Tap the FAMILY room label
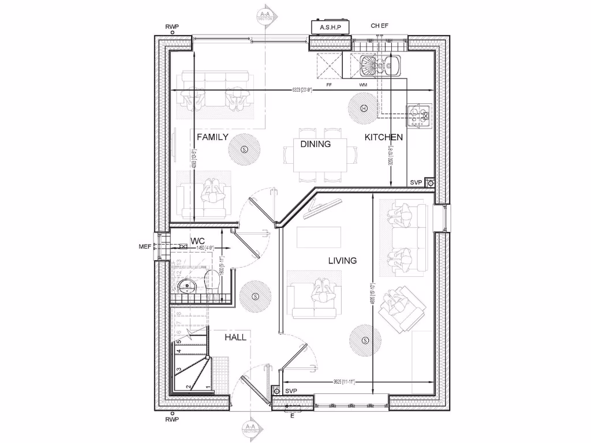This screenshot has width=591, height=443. coord(212,137)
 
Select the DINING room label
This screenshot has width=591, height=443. coord(315,144)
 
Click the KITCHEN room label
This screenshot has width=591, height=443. coord(383,137)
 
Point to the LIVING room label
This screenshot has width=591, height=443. coord(342,261)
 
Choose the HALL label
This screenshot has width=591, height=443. coord(235,337)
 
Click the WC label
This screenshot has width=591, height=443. coord(198,240)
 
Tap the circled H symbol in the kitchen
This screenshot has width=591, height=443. coord(364,108)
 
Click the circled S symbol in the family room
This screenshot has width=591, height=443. coord(244,149)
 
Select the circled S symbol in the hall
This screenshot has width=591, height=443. coord(255,296)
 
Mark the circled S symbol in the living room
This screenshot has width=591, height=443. coord(365,340)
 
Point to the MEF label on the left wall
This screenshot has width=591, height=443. coord(144,247)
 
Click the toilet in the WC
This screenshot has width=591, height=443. coord(213,280)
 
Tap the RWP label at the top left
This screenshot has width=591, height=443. coord(172,27)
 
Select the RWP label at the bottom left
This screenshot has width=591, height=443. coord(172,419)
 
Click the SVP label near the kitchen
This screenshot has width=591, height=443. coord(416,182)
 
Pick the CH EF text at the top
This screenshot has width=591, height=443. coord(380,27)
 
